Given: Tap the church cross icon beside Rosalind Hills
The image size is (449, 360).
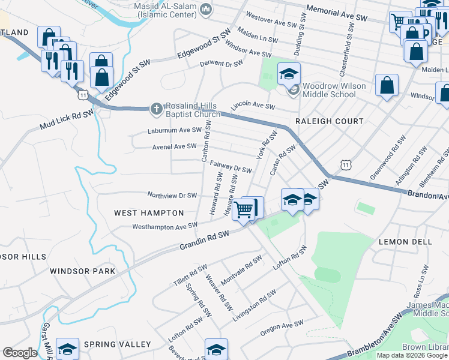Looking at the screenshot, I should (156, 109).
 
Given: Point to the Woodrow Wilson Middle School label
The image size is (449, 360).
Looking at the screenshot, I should (334, 90).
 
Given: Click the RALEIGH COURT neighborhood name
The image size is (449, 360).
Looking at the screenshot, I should (330, 121).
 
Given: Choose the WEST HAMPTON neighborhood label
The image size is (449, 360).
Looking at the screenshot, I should (149, 213).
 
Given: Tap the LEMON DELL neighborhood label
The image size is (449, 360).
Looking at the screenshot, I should (406, 241).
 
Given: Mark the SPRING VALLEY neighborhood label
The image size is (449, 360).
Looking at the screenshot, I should (118, 344).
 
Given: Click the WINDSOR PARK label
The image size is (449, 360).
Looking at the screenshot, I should (82, 271).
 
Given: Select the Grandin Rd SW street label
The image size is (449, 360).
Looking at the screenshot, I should (205, 241).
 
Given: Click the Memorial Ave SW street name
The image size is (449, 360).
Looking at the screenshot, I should (337, 14).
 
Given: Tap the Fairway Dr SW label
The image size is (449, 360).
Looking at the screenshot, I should (231, 170).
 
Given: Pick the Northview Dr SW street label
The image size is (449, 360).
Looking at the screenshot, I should (172, 195).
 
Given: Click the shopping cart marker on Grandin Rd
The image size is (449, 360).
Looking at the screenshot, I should (244, 210).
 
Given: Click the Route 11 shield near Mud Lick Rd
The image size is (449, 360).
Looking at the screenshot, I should (83, 94).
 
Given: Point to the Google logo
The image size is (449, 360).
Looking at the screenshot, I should (20, 353).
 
